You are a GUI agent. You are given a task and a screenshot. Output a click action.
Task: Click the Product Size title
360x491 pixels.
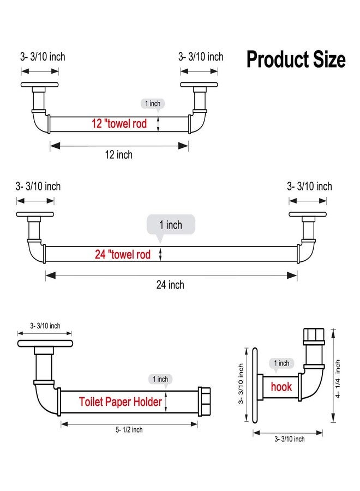pyautogui.click(x=296, y=59)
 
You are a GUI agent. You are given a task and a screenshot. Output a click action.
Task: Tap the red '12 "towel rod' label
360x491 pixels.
pyautogui.click(x=119, y=123)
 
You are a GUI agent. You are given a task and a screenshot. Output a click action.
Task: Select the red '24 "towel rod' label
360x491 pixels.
pyautogui.click(x=123, y=254)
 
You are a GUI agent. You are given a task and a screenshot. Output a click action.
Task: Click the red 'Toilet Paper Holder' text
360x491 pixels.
pyautogui.click(x=121, y=402)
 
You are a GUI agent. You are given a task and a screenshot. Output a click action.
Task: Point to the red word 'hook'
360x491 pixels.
pyautogui.click(x=281, y=387)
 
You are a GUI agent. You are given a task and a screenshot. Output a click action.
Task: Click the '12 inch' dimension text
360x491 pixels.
pyautogui.click(x=119, y=155)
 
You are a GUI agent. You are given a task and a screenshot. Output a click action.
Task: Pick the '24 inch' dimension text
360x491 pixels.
pyautogui.click(x=170, y=285)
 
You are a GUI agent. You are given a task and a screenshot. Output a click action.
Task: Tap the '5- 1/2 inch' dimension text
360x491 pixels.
pyautogui.click(x=129, y=430)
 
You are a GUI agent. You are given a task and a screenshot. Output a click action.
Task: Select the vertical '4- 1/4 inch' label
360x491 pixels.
pyautogui.click(x=338, y=379)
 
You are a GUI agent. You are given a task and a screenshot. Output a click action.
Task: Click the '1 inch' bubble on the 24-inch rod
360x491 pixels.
pyautogui.click(x=171, y=225)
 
